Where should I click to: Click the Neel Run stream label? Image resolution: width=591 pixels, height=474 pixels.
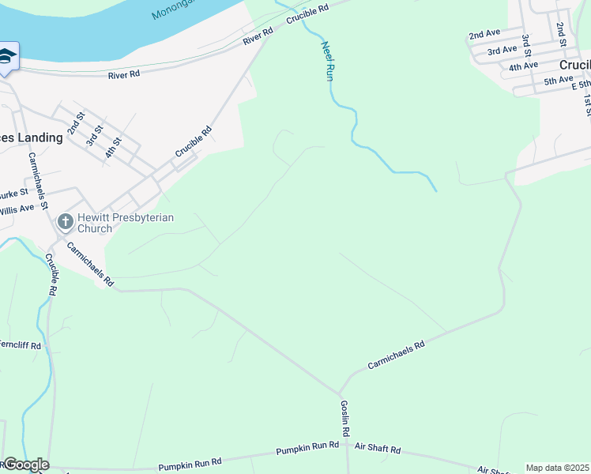click(326, 61)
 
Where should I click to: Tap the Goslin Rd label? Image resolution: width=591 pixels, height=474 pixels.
click(345, 419)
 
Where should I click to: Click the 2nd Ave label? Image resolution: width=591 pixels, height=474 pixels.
click(484, 36)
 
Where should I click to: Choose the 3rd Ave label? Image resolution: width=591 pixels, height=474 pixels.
click(502, 51)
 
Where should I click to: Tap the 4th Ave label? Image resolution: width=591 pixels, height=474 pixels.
click(523, 66)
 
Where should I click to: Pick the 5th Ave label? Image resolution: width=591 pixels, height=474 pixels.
click(558, 81)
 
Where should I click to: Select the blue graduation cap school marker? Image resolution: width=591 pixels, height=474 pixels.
click(7, 56)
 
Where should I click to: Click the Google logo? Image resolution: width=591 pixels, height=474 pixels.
click(26, 465)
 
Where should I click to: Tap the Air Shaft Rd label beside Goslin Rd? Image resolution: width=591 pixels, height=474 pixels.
click(378, 450)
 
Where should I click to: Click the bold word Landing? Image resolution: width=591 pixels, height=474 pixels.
click(40, 137)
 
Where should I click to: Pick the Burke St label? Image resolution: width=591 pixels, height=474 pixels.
click(13, 192)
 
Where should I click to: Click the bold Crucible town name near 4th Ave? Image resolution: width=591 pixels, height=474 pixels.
click(574, 65)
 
